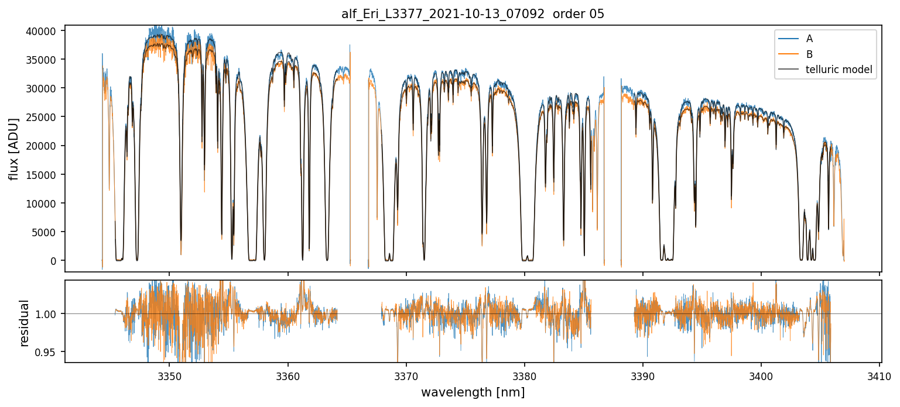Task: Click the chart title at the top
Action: click(x=473, y=14)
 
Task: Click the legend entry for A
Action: click(x=809, y=39)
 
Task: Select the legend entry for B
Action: click(x=809, y=54)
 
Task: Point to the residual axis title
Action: click(x=24, y=322)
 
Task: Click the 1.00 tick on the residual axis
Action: click(x=49, y=314)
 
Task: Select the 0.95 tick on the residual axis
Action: click(x=49, y=352)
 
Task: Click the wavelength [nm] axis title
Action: click(x=473, y=392)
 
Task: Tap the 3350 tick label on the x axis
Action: click(x=169, y=375)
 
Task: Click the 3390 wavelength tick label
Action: click(x=643, y=375)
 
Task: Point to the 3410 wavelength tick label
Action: click(x=880, y=375)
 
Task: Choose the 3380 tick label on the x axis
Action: click(x=524, y=375)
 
